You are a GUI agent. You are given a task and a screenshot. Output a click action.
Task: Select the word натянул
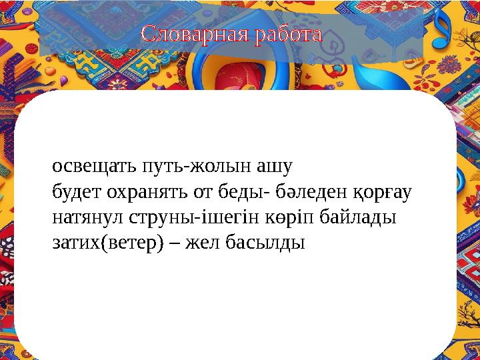81,217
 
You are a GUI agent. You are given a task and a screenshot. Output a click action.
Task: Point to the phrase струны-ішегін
171,217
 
